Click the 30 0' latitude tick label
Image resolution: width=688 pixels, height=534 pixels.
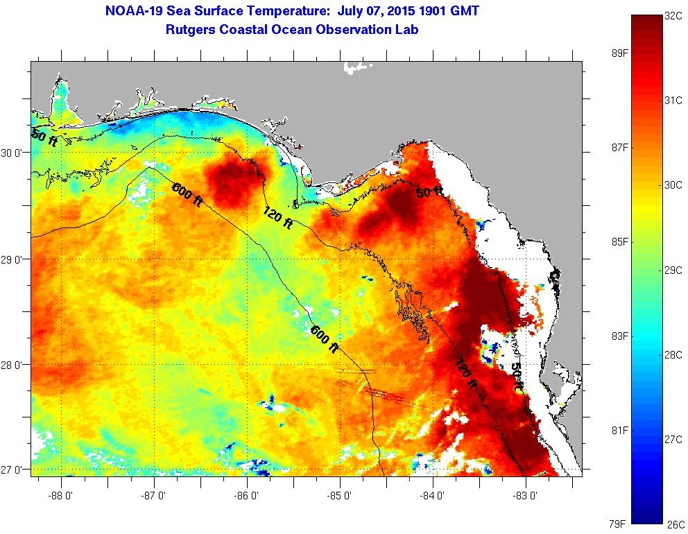[13, 153]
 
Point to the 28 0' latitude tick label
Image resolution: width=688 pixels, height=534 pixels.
[13, 365]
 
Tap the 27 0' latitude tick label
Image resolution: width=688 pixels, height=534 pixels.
[13, 470]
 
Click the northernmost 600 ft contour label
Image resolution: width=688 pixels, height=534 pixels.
[187, 193]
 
